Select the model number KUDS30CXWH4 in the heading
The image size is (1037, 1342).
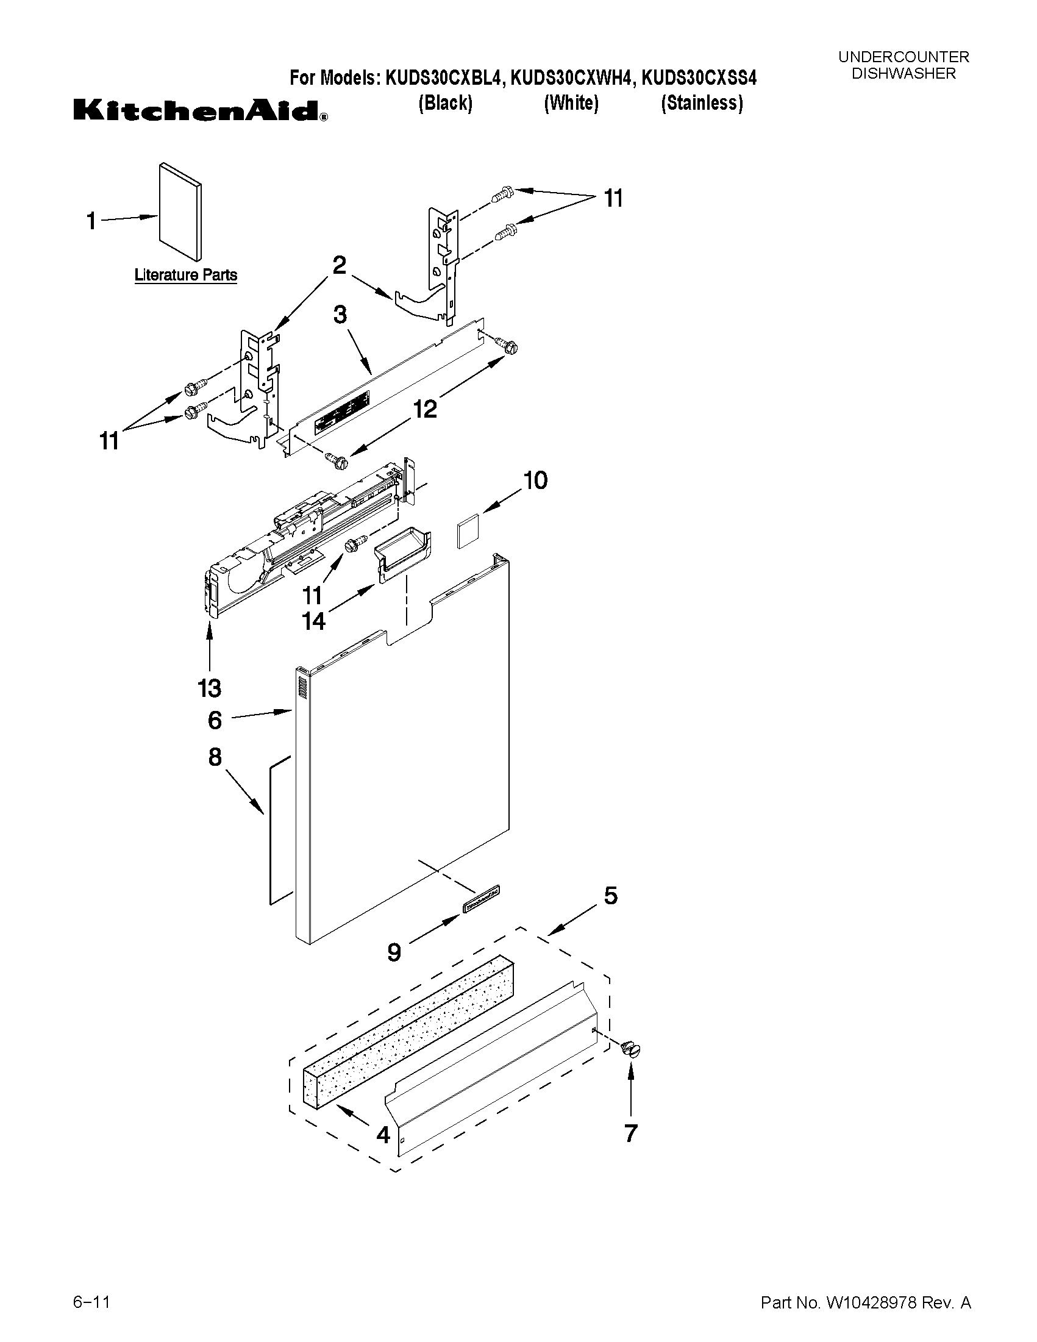tap(572, 78)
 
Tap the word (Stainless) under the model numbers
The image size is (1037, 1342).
tap(702, 102)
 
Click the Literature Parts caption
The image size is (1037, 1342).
tap(185, 274)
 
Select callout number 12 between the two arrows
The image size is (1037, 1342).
tap(425, 409)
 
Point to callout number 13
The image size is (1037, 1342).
tap(210, 688)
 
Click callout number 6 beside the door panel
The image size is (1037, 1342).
tap(215, 719)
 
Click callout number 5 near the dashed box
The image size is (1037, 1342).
tap(610, 895)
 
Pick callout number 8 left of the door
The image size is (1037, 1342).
tap(215, 757)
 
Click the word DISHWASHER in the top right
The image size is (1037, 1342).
tap(903, 73)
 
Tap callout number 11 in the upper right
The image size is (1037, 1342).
tap(613, 199)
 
